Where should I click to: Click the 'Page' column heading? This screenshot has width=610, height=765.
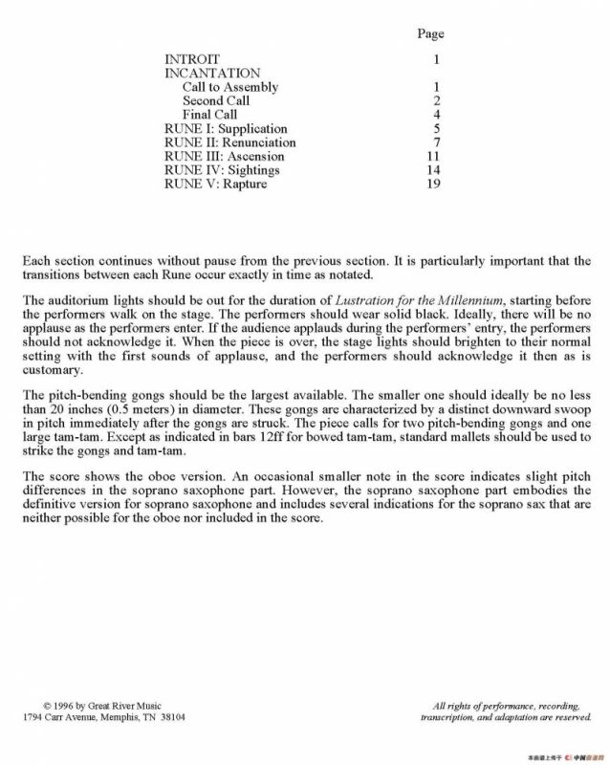tap(430, 34)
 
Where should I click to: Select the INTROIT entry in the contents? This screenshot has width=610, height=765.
tap(192, 59)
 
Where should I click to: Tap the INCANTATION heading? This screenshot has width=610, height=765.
tap(212, 73)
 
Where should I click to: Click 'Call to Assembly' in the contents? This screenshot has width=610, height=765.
tap(230, 87)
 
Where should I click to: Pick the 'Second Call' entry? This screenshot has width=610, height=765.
tap(216, 100)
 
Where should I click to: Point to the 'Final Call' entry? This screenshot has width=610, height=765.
tap(210, 115)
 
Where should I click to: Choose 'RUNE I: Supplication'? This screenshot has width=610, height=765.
tap(226, 129)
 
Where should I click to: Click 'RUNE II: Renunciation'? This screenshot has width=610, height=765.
tap(230, 142)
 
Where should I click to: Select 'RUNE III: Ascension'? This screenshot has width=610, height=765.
tap(225, 156)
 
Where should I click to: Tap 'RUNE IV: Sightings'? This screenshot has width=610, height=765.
tap(222, 170)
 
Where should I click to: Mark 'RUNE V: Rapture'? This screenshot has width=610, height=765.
tap(216, 184)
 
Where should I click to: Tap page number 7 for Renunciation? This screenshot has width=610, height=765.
tap(436, 142)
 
